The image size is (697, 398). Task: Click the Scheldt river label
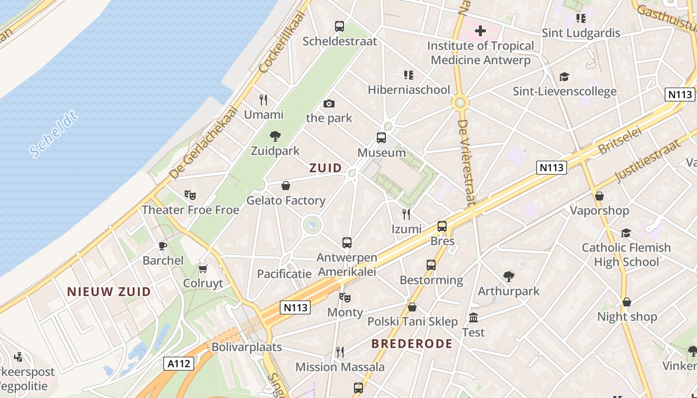pos(54,134)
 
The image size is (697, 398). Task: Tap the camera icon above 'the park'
pos(329,103)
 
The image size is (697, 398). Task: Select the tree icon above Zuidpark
pos(275,136)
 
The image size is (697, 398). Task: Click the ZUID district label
pos(326,168)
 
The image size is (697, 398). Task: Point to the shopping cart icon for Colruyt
pos(203,269)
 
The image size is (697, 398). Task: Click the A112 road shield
pos(178,364)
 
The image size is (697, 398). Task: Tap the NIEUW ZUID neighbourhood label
pos(109,292)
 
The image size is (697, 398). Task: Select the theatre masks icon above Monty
pos(345,298)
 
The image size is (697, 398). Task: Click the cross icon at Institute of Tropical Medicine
pos(480,31)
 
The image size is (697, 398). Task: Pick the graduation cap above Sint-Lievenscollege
pos(564,77)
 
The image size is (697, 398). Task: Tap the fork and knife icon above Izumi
pos(406,214)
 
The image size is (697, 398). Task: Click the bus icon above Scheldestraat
pos(340,26)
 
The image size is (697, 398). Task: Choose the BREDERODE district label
pos(412,344)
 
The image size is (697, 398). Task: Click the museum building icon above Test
pos(473,317)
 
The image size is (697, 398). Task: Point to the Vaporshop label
pos(599,210)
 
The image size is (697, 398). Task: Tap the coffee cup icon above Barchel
pos(162,246)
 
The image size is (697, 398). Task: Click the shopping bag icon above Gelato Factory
pos(286,186)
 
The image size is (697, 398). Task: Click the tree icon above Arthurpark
pos(508,276)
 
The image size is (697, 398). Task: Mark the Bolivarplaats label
pos(246,347)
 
